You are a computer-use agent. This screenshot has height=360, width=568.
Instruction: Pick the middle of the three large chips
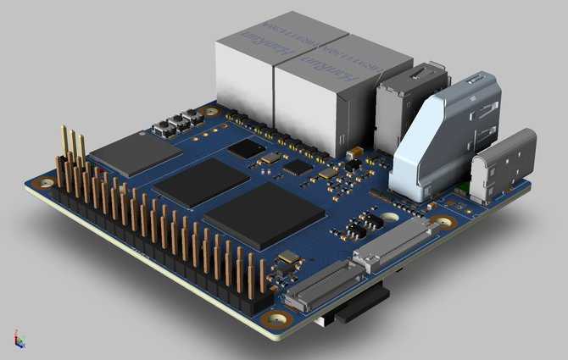pos(201,181)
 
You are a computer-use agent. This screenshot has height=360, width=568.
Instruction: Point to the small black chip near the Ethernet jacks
pos(246,149)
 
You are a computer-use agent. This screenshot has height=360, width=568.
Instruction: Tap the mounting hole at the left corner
pos(43,182)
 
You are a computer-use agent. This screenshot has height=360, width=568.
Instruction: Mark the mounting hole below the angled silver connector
pos(441,222)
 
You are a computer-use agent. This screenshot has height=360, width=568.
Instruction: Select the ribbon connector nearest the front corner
pos(318,284)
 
